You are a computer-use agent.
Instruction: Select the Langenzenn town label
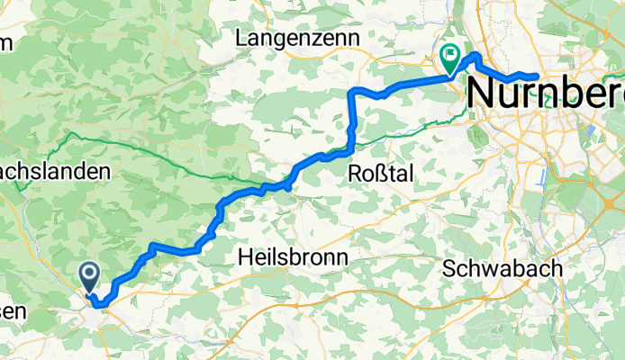click(x=297, y=38)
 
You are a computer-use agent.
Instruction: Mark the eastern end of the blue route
click(x=537, y=76)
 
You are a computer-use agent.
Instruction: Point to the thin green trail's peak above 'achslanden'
click(x=69, y=135)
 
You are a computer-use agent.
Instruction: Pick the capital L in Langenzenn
click(x=240, y=38)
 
